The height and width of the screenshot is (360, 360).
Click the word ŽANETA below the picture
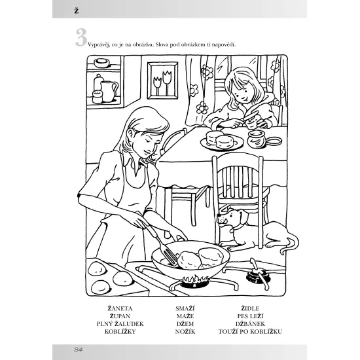point(120,308)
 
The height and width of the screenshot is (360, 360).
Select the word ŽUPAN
point(120,316)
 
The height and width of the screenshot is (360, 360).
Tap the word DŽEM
point(185,324)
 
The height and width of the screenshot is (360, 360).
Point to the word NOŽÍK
point(185,332)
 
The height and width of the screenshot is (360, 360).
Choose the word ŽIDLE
point(250,308)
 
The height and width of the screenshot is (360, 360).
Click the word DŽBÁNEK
point(250,324)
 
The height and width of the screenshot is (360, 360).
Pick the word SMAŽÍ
point(185,308)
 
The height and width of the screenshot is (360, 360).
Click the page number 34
point(79,350)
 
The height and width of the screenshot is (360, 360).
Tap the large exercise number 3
point(81,37)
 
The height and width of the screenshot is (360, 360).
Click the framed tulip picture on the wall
point(162,81)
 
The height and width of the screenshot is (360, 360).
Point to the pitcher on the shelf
point(109,91)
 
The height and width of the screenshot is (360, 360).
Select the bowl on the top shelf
point(101,63)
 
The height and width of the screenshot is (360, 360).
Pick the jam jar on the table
point(256,139)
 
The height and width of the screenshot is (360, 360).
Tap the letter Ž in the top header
point(77,10)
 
